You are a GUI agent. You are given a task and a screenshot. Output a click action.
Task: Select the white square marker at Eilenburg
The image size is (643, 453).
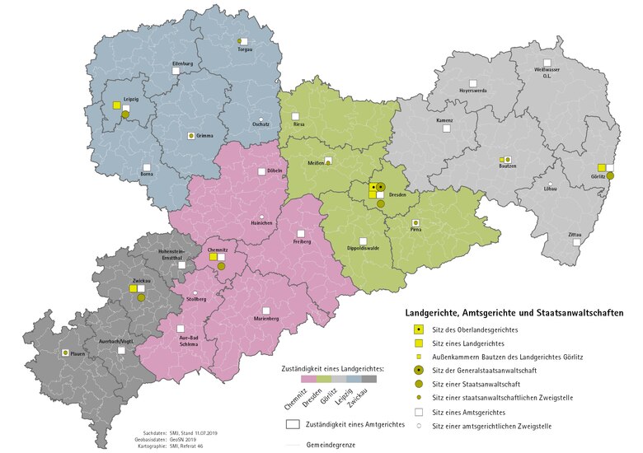[x=176, y=72]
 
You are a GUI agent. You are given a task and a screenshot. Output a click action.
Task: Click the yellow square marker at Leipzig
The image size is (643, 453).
[x=116, y=105]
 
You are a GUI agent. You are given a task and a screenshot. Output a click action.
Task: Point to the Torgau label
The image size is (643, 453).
[x=245, y=49]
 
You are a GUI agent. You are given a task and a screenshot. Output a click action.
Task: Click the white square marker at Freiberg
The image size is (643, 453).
[x=302, y=233]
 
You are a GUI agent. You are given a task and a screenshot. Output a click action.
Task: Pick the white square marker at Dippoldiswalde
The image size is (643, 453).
[x=363, y=241]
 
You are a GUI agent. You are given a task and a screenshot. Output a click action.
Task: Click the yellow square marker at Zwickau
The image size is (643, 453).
[x=132, y=289]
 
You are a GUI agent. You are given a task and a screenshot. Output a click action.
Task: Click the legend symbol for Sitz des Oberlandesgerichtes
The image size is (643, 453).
[x=419, y=329]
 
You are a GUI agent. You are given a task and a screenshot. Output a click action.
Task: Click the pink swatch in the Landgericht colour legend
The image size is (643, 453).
[x=308, y=379]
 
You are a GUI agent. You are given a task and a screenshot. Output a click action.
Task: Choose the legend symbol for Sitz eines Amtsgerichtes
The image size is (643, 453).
[x=419, y=411]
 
